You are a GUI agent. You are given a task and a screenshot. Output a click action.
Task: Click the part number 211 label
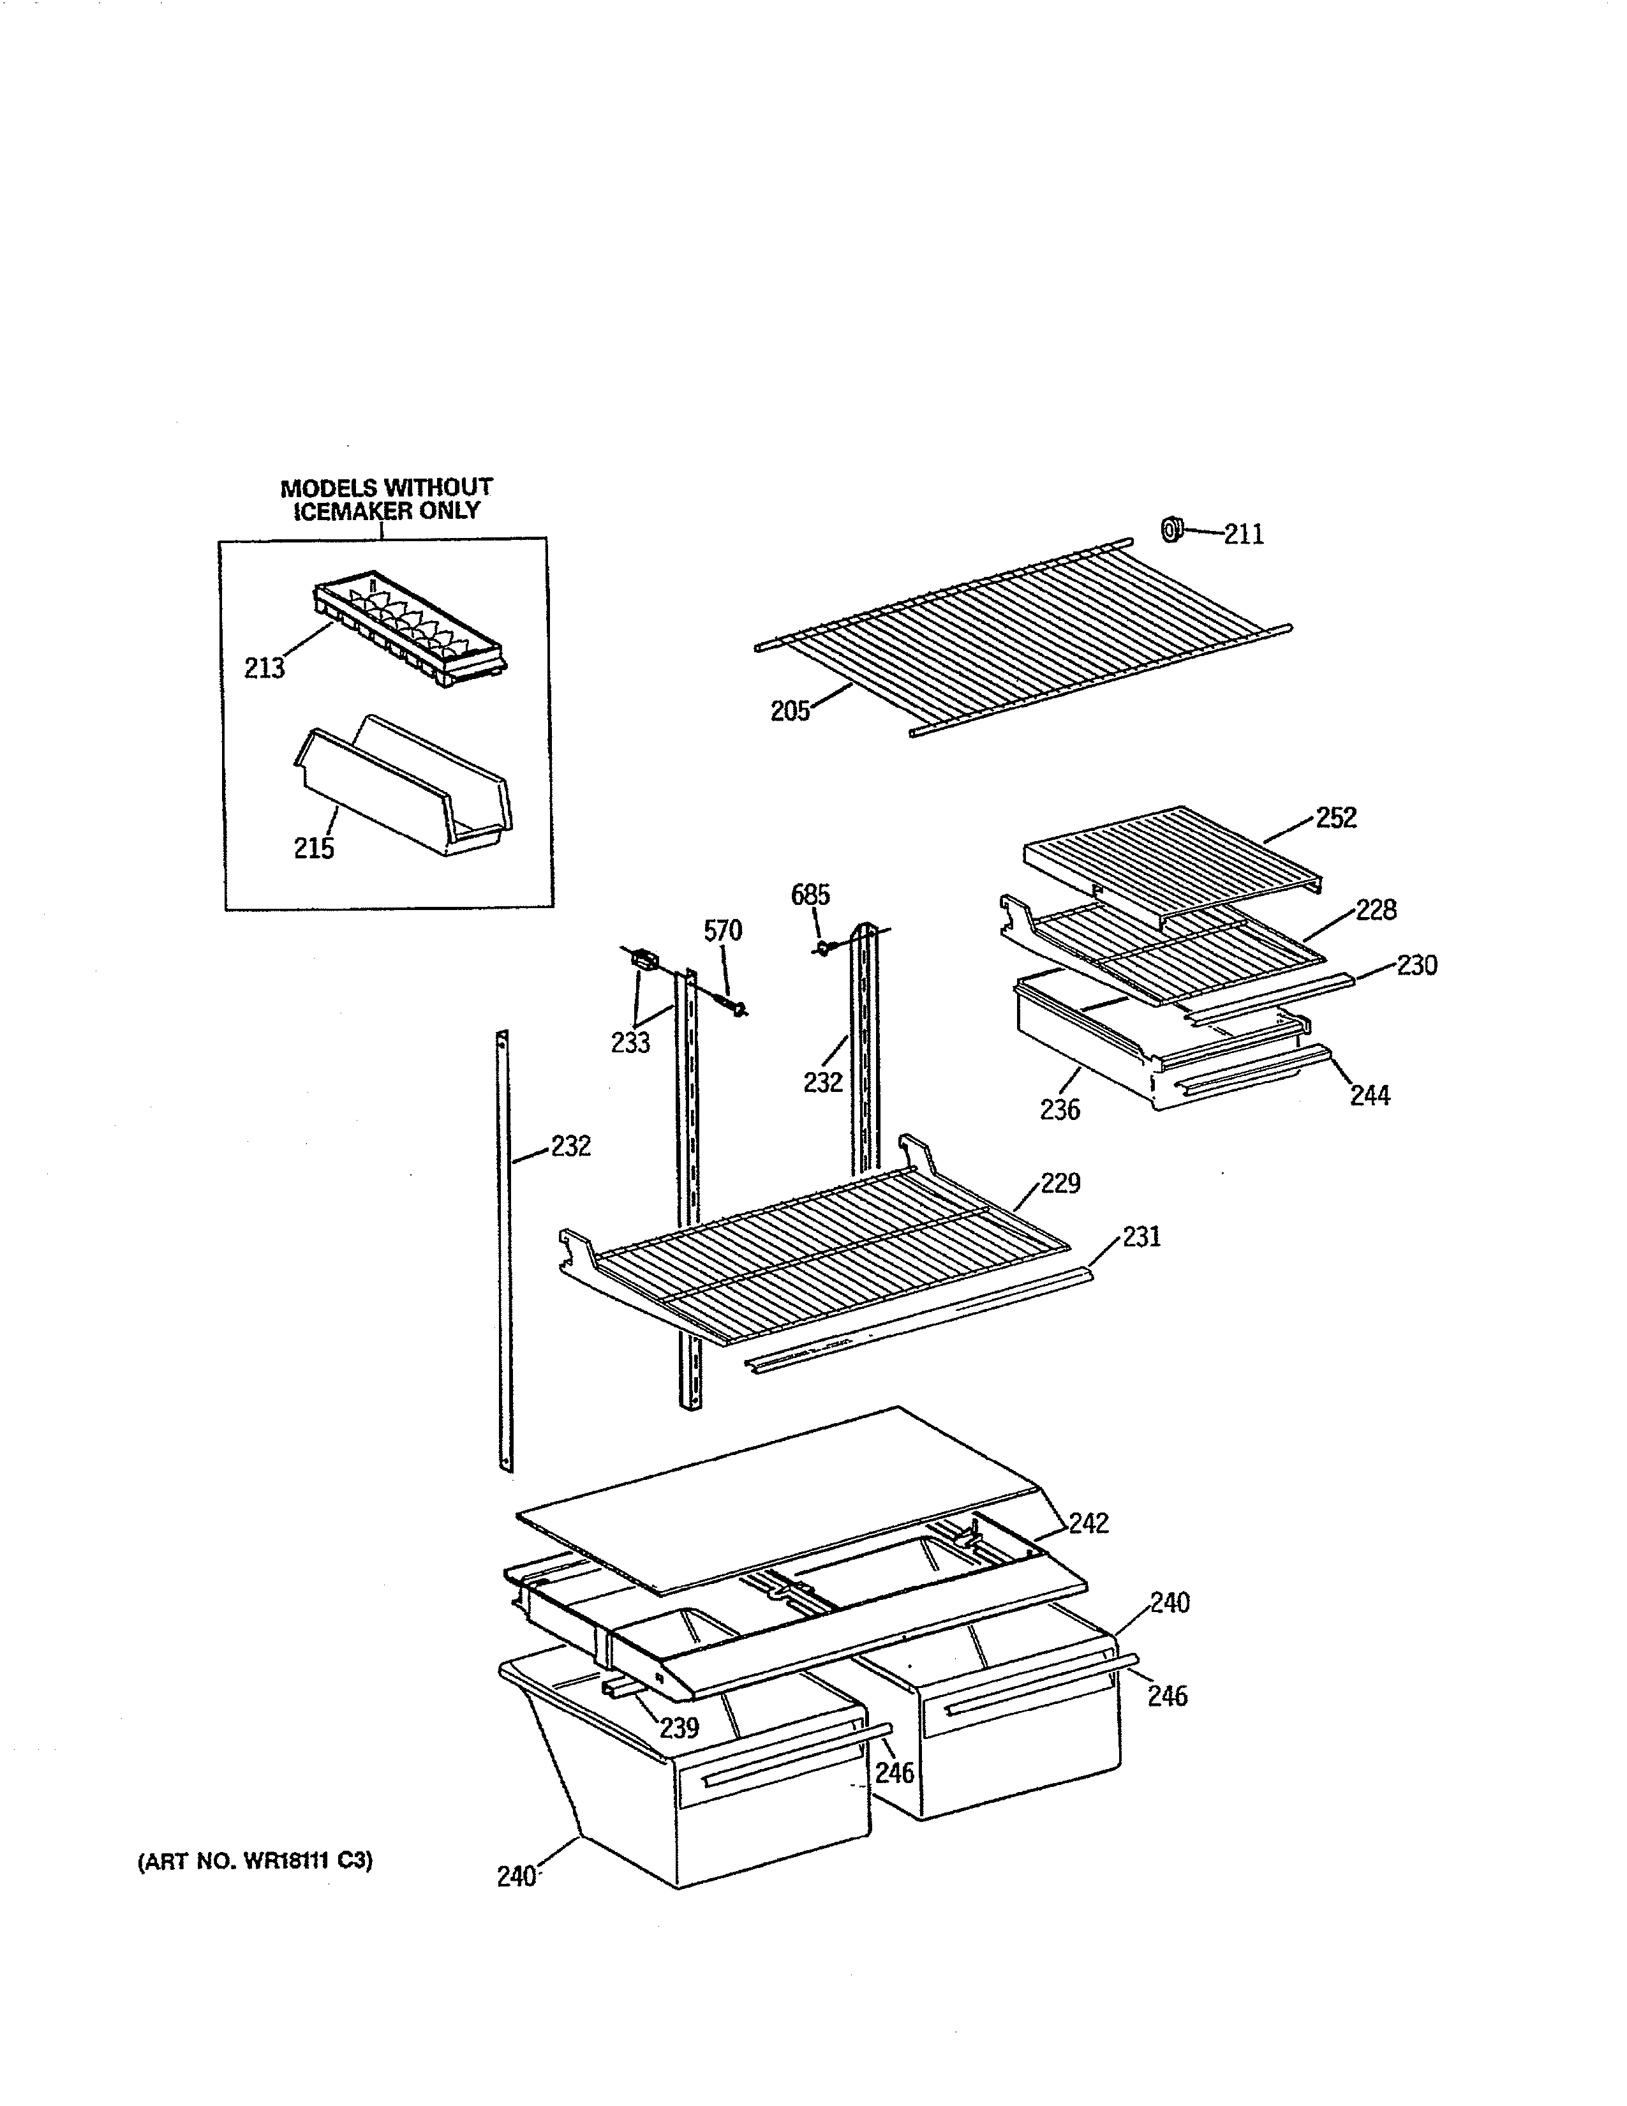(1244, 534)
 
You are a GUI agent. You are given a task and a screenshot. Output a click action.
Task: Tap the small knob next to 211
(1171, 528)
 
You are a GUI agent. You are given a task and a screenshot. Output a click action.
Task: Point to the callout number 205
(789, 713)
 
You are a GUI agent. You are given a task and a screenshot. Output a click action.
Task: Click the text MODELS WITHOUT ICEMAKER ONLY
(387, 498)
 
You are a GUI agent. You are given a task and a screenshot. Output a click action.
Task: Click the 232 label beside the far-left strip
(570, 1147)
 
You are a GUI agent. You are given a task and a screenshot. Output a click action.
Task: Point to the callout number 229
(1060, 1183)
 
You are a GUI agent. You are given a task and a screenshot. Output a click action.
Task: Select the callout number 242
(1089, 1523)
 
